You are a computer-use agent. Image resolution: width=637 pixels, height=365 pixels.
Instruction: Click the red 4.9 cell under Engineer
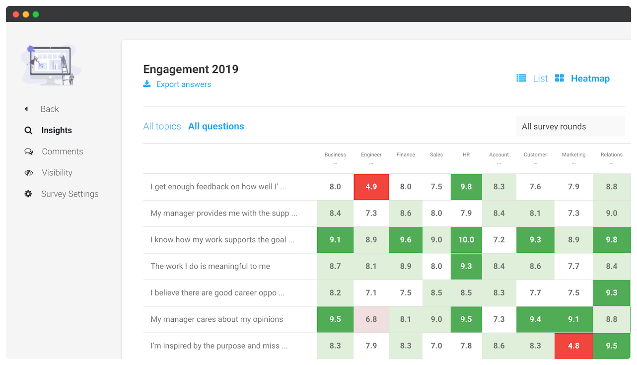tap(371, 187)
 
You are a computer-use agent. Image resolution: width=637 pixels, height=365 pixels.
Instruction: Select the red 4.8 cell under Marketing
tap(573, 346)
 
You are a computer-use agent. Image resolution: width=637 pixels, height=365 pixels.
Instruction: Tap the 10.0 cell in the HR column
tap(466, 240)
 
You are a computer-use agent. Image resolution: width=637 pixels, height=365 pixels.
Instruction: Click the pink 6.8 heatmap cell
tap(371, 319)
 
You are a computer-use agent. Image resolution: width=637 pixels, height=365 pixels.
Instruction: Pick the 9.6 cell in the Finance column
tap(406, 240)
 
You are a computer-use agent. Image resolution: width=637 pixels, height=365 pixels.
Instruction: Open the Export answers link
tap(183, 84)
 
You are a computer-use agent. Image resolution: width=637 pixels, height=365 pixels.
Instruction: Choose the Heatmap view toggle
tap(590, 78)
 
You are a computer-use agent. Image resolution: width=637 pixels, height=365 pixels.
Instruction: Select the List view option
tap(540, 78)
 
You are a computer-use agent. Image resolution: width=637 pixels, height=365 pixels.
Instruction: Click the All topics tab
tap(162, 126)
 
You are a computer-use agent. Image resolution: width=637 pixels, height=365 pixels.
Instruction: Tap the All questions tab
tap(216, 126)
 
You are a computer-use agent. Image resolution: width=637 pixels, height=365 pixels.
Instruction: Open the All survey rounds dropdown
tap(570, 127)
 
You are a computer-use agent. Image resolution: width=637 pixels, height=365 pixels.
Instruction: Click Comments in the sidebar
tap(62, 151)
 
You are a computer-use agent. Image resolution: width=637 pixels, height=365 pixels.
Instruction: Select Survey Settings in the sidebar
tap(70, 194)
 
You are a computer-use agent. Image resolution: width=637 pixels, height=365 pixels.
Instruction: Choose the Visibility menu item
tap(57, 173)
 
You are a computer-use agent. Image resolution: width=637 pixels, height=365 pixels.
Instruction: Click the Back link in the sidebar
tap(50, 109)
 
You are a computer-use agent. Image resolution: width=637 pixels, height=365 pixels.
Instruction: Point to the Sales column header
tap(436, 155)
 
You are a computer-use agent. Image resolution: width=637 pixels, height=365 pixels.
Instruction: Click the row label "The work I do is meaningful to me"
tap(210, 266)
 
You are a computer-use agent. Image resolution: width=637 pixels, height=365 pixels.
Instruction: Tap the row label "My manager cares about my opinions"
tap(216, 319)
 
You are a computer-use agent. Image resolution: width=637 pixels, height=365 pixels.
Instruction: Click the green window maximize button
tap(36, 14)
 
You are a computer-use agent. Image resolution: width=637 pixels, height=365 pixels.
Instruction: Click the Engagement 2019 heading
tap(191, 70)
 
